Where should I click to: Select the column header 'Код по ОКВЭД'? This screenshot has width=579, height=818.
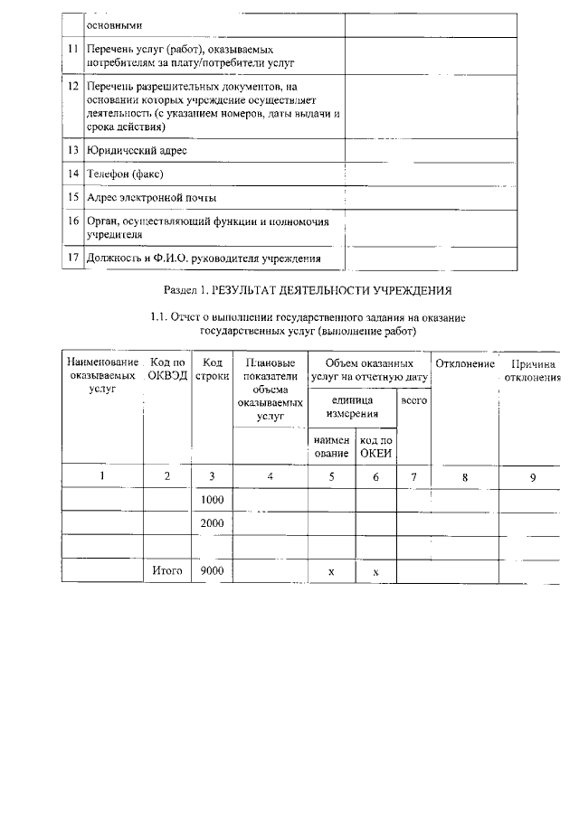coord(166,370)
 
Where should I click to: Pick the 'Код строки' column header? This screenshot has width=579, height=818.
coord(213,370)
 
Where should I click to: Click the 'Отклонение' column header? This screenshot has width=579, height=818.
coord(465,363)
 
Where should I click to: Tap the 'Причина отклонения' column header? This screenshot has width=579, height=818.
coord(533,370)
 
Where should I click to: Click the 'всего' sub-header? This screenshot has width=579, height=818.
coord(413,399)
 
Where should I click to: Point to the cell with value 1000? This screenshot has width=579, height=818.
coord(212,499)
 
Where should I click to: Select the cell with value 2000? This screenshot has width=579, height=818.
coord(212,522)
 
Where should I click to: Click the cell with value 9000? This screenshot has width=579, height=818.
coord(212,570)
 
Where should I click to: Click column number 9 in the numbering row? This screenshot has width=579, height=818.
coord(533,476)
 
